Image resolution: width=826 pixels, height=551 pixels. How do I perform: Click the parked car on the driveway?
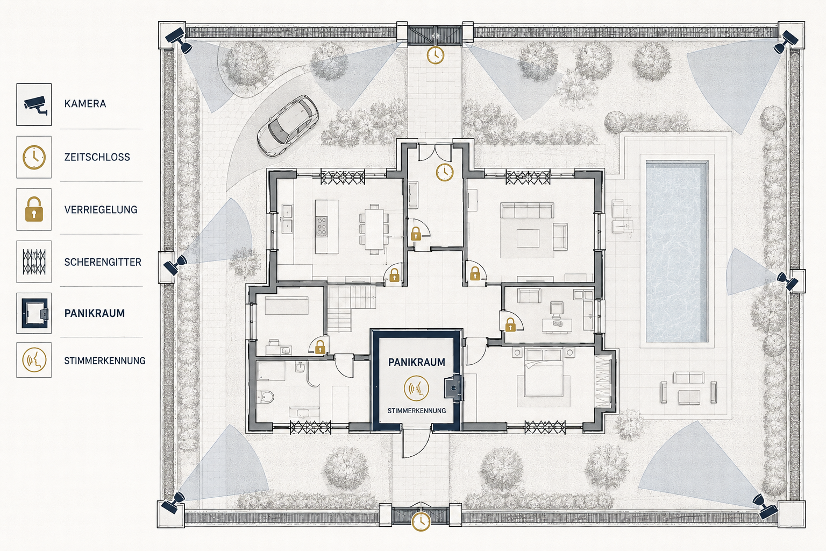(x=288, y=125)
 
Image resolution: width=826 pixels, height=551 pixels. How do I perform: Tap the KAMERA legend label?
(x=85, y=104)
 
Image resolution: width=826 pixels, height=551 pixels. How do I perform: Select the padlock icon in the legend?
(x=34, y=209)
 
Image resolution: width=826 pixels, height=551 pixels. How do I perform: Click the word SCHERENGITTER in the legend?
(x=103, y=262)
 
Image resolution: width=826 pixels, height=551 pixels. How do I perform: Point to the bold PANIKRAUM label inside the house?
(x=417, y=362)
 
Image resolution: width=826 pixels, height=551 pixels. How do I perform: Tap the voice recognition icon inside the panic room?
(x=416, y=388)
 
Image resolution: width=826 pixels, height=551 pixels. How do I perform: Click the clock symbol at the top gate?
(x=436, y=55)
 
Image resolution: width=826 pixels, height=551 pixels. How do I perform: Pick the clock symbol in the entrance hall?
(x=445, y=172)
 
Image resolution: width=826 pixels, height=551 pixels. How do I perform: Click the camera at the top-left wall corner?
(x=179, y=40)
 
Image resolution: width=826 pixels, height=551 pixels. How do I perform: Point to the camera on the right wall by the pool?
(x=788, y=281)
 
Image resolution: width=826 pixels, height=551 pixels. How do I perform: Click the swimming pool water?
(x=677, y=252)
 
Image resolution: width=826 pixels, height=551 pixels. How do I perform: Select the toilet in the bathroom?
(x=267, y=397)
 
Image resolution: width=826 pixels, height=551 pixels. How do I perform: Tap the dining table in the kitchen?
(x=374, y=229)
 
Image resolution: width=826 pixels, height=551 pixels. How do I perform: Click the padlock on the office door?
(x=510, y=325)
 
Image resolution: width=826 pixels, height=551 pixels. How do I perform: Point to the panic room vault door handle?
(x=453, y=387)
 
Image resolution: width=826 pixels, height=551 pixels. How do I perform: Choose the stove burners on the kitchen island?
(x=322, y=226)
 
